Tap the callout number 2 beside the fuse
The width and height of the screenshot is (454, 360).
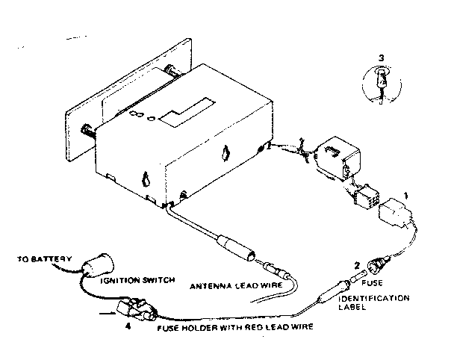358,264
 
